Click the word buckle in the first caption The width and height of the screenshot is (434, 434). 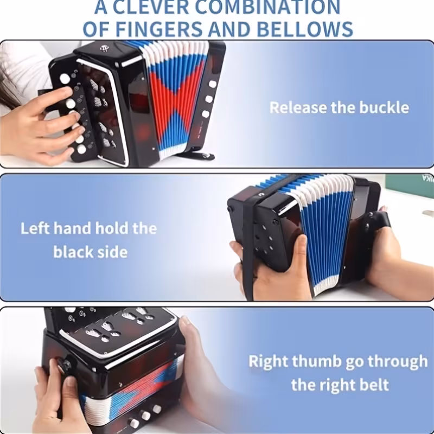pos(384,107)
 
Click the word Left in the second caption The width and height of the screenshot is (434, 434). pos(35,228)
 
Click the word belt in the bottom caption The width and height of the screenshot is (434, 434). pos(375,385)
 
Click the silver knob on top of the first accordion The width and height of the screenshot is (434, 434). pos(104,48)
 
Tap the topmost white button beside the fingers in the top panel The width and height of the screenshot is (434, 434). pos(65,79)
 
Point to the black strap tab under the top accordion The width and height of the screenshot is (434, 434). pos(197,155)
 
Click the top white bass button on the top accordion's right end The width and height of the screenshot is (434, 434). pos(212,84)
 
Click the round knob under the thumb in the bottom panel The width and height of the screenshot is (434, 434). pos(63,366)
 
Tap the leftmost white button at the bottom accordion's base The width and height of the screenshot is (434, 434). pos(134,423)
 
